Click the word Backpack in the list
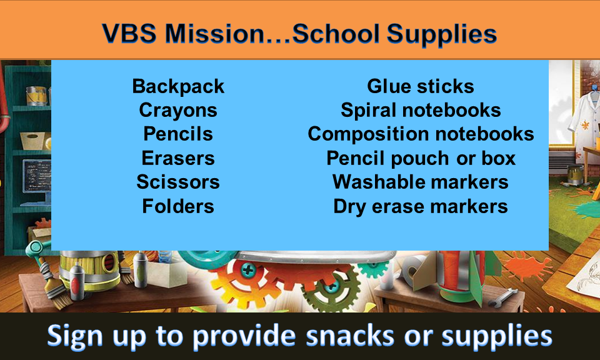178,87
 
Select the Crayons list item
178,111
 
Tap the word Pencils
178,134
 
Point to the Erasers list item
178,158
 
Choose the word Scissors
178,182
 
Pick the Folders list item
178,206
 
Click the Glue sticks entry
421,86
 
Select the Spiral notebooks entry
421,110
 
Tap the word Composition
369,134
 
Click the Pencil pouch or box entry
421,158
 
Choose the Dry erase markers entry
421,207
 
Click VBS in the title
129,33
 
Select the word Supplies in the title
442,34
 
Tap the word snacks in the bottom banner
350,336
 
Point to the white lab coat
584,115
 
